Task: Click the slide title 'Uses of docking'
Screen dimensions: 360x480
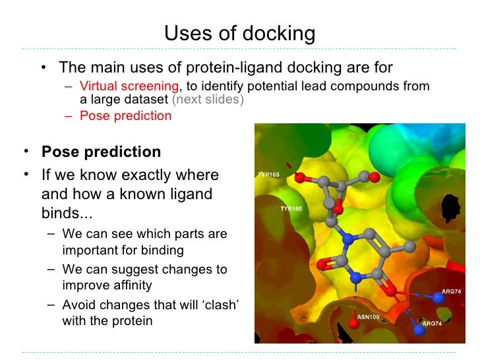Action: (239, 32)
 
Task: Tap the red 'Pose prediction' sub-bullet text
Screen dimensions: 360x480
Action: (125, 116)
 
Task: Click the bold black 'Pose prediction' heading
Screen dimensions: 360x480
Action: (101, 152)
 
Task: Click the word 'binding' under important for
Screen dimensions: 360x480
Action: (160, 251)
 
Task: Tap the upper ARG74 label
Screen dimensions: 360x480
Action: (451, 291)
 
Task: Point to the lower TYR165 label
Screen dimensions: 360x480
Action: (291, 208)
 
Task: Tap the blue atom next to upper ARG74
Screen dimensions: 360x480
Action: (438, 298)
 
